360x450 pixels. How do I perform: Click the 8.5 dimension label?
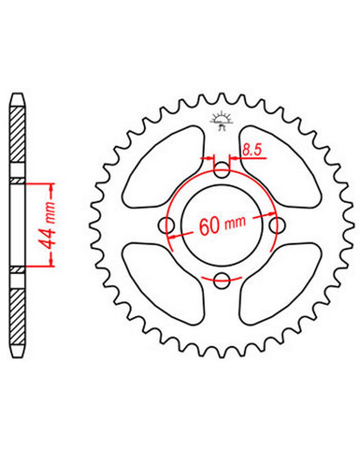[x=252, y=150]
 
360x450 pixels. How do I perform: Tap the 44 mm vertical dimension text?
[x=47, y=226]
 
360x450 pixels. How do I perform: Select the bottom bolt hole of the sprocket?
[x=221, y=281]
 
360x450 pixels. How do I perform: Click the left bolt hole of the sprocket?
[x=166, y=225]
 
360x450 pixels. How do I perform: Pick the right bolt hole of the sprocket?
[x=277, y=225]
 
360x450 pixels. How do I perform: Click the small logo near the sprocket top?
[x=221, y=122]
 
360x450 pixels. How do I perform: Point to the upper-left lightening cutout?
[x=163, y=167]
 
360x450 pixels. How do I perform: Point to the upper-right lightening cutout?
[x=280, y=167]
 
